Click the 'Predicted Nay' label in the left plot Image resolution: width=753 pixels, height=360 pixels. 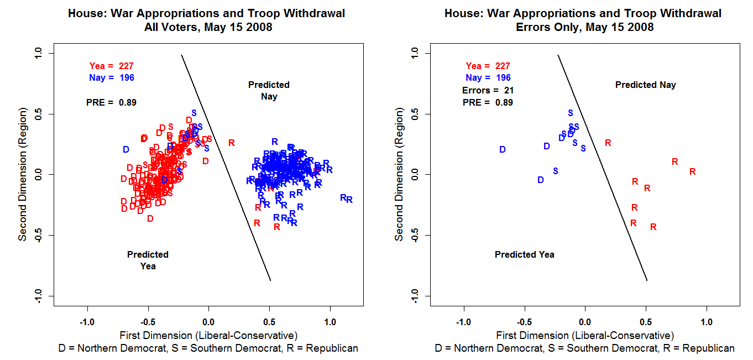pos(269,91)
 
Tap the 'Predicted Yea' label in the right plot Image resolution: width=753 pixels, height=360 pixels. pos(524,255)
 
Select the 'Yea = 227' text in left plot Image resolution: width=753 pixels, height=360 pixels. pos(111,66)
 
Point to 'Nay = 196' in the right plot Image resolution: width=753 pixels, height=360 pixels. pos(488,78)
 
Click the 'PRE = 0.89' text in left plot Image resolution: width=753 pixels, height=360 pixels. pos(111,102)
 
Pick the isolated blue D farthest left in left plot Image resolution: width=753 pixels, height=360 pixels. pos(126,149)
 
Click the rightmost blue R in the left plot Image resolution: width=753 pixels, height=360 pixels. pos(349,200)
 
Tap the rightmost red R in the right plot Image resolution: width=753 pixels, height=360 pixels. pos(692,172)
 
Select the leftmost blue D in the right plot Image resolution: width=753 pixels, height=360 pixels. pos(503,149)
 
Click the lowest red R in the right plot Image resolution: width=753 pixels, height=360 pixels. pos(653,227)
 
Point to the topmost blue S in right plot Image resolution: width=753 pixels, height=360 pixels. pos(571,113)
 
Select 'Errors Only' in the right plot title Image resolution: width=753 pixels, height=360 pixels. pos(550,27)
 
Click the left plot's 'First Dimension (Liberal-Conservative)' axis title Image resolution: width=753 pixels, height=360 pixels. pos(208,335)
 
